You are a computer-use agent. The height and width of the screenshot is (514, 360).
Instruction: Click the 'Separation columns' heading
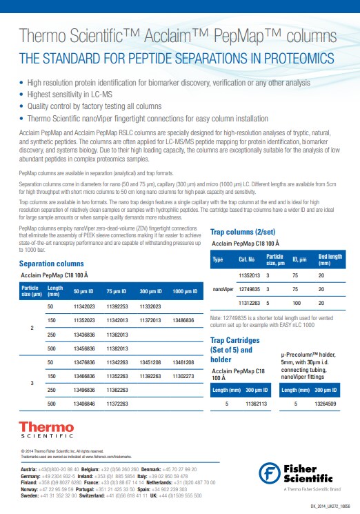pos(52,264)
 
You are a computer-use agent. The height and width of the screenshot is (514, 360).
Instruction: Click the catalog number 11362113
pos(251,404)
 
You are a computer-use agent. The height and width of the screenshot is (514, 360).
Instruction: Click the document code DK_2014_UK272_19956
pos(326,506)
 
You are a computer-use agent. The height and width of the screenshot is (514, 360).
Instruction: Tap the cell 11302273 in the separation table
pos(183,376)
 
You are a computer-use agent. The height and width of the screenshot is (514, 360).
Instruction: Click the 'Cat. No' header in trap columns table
pos(246,259)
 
